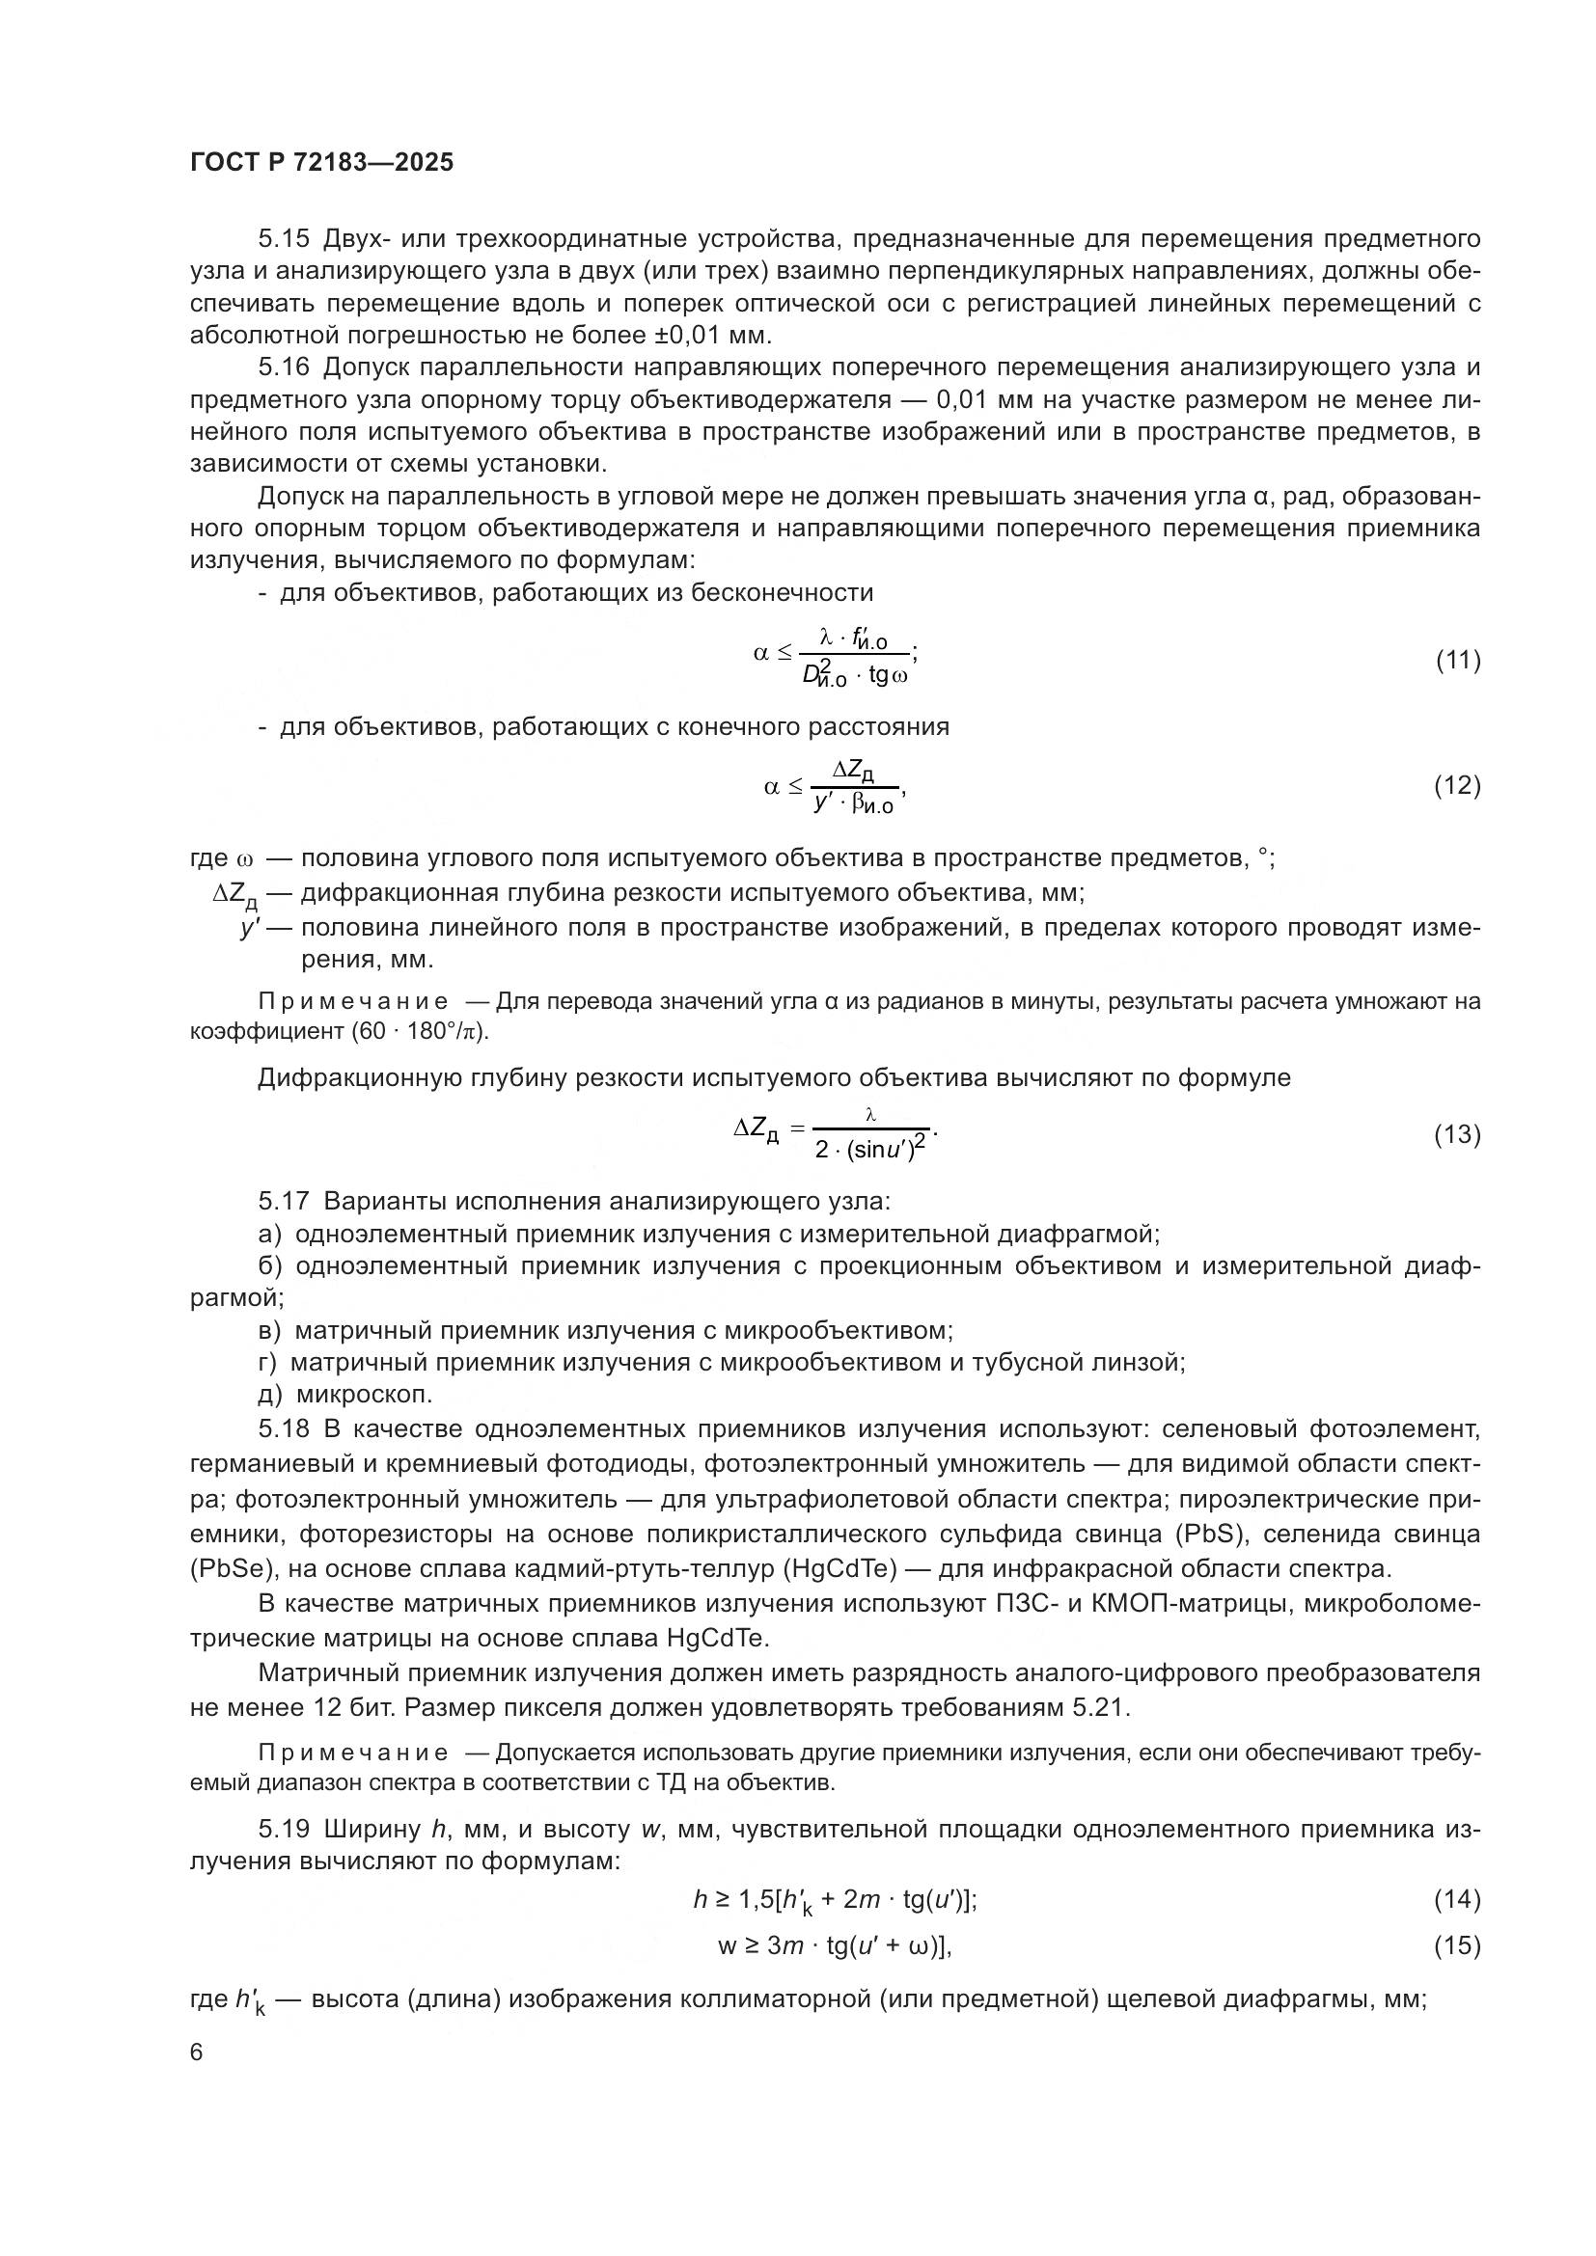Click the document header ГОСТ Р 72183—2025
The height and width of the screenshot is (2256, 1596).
point(321,163)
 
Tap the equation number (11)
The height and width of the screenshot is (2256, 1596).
point(1457,661)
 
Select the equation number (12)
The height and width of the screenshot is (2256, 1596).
point(1457,786)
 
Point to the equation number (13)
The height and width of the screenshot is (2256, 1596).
point(1457,1135)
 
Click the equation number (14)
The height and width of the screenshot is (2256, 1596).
point(1457,1899)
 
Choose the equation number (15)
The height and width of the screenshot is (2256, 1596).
point(1457,1945)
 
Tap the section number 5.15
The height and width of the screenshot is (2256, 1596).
point(284,239)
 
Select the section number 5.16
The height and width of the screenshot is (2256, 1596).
point(284,367)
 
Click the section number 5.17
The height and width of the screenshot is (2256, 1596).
point(284,1201)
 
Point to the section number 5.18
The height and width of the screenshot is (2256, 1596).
point(284,1428)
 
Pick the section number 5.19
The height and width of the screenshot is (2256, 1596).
point(284,1830)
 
